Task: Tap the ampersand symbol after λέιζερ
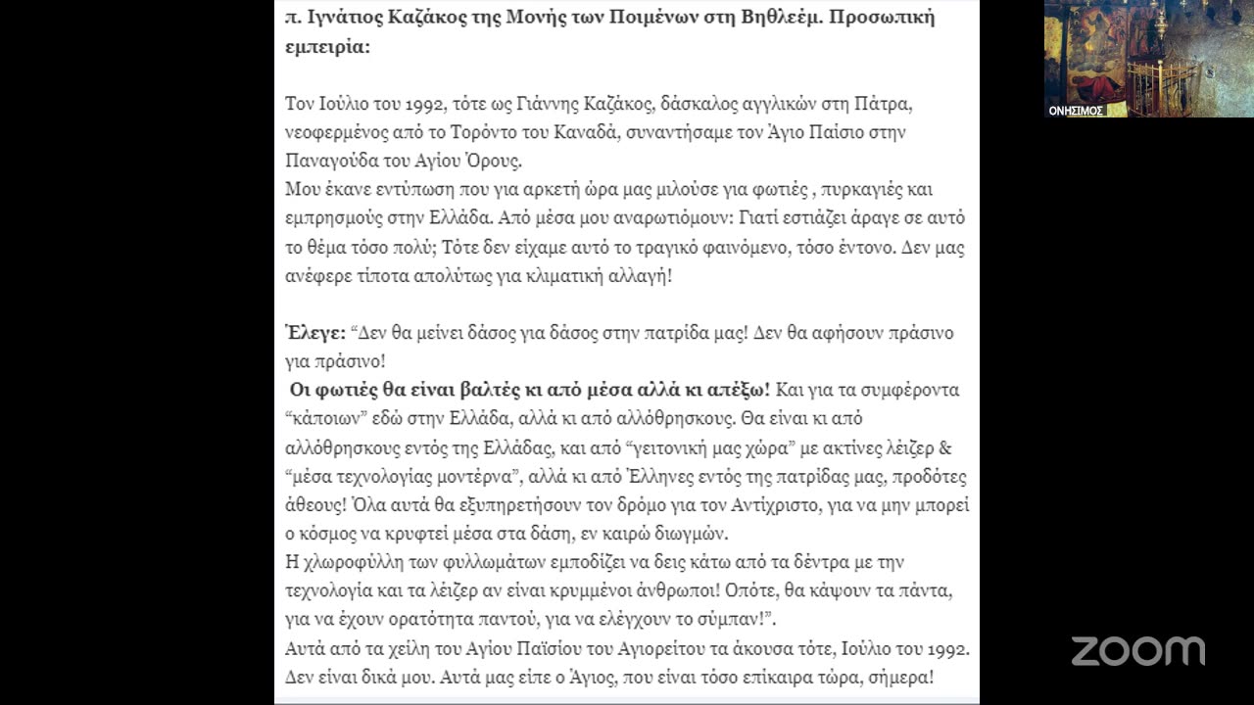click(945, 448)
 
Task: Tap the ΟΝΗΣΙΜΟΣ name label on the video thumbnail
click(1076, 111)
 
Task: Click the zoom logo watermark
click(1137, 651)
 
